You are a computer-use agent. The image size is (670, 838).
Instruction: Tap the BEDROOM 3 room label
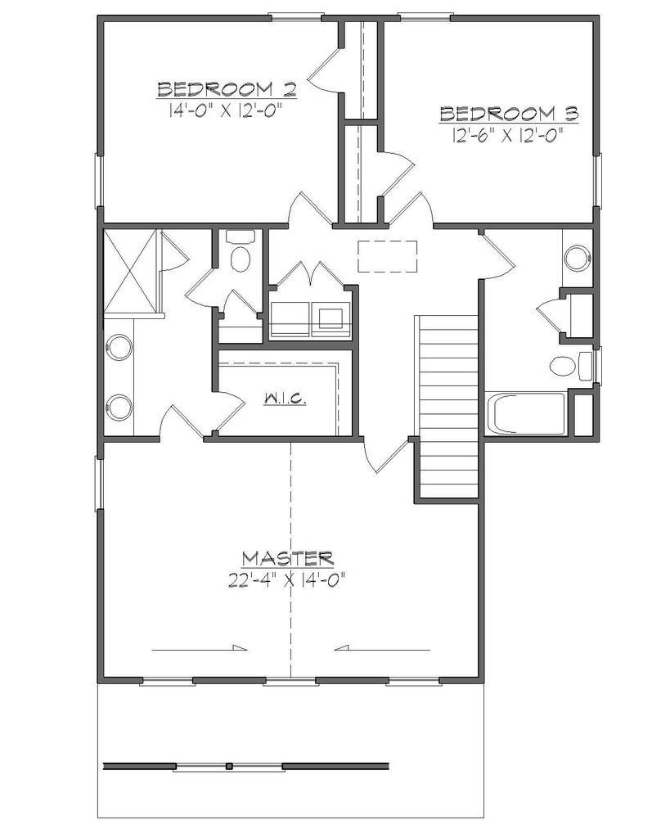click(509, 114)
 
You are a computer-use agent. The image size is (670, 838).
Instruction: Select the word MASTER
click(287, 559)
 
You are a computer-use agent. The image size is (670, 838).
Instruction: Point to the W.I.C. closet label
click(285, 399)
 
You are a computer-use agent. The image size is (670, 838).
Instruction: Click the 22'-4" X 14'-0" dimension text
click(287, 581)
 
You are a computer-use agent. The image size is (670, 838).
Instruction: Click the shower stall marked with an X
click(130, 270)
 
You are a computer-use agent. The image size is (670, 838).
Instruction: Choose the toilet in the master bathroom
click(241, 255)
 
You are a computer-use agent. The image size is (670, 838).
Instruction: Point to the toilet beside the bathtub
click(569, 365)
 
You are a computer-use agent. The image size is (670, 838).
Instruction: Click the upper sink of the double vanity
click(120, 347)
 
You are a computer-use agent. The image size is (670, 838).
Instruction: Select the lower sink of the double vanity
click(120, 406)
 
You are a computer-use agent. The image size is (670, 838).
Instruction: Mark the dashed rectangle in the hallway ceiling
click(387, 255)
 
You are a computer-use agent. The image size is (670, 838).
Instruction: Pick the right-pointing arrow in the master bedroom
click(200, 649)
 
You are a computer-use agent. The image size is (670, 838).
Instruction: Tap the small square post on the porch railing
click(230, 766)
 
